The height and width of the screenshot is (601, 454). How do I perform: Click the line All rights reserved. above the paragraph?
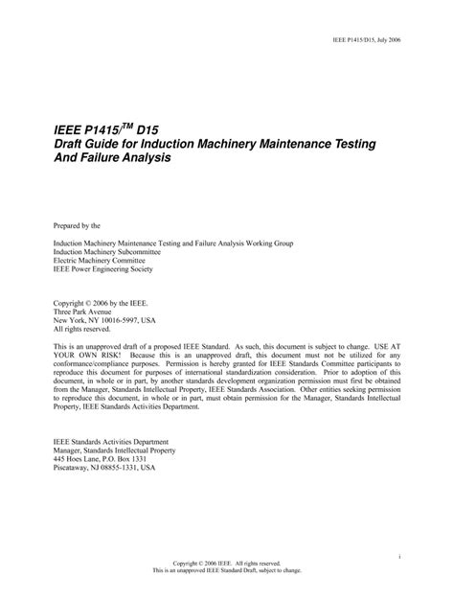point(82,331)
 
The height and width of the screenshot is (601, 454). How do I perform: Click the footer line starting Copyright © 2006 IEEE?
point(226,564)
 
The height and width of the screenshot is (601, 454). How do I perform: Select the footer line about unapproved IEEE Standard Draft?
point(226,571)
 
